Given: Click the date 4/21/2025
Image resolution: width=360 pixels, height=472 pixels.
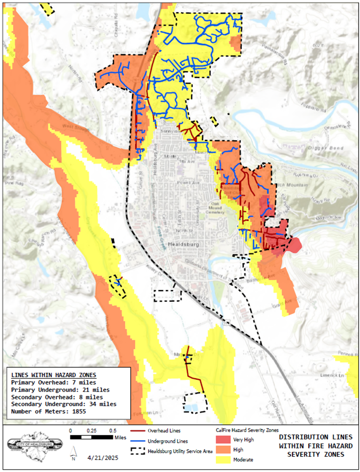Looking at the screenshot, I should pos(103,457).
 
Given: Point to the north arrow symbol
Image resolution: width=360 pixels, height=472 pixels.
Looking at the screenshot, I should pos(73,453).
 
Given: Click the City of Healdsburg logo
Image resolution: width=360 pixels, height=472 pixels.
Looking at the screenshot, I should pos(35,444).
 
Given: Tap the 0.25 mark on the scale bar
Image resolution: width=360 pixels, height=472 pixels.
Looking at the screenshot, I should pos(92,431).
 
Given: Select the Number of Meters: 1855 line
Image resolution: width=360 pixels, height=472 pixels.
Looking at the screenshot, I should pos(49,411).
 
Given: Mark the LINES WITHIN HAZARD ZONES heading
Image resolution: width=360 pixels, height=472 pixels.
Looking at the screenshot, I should pos(54,375).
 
